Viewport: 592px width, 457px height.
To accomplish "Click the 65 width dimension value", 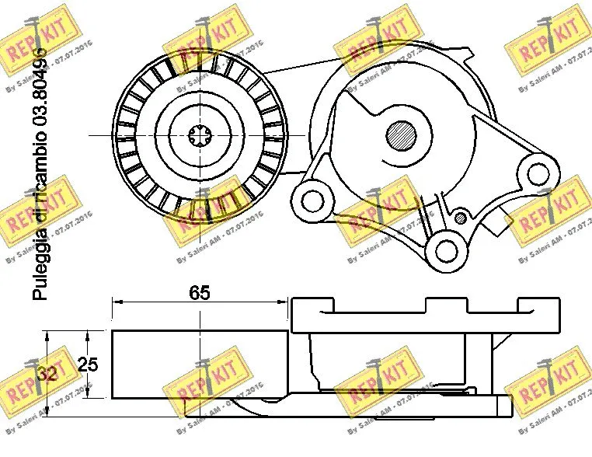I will click(200, 293).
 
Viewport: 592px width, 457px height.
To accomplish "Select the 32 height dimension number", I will click(47, 373).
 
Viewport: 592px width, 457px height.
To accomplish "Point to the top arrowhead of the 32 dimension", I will click(48, 334).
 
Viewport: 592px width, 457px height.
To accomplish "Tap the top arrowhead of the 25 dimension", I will click(88, 335).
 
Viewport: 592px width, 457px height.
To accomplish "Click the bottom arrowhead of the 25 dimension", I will click(88, 395).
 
